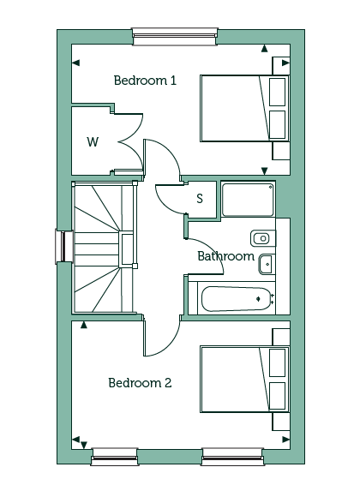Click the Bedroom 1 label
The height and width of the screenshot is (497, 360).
(x=145, y=81)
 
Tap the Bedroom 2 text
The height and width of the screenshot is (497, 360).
(x=140, y=383)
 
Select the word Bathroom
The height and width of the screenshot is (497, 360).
(x=225, y=256)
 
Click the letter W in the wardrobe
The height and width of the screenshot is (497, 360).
(x=93, y=141)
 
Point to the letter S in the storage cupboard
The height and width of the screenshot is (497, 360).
(x=200, y=199)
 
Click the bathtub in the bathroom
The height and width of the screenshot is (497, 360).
(x=237, y=299)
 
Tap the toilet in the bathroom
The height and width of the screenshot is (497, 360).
(x=263, y=238)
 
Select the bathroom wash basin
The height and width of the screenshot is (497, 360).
(x=267, y=264)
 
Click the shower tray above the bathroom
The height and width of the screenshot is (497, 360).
(x=248, y=200)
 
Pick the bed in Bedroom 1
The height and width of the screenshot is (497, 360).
(x=244, y=108)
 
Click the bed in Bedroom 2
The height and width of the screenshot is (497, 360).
(x=244, y=379)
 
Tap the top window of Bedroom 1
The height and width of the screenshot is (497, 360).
(x=175, y=36)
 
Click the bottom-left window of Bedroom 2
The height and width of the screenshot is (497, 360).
(x=115, y=457)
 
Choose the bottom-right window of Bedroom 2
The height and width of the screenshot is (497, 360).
(x=232, y=457)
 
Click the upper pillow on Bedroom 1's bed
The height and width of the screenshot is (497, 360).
(x=277, y=92)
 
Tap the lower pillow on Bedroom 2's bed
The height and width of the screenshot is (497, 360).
(x=277, y=396)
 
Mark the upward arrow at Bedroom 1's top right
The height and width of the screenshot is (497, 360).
(x=264, y=49)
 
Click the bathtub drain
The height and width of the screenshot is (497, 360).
(x=259, y=298)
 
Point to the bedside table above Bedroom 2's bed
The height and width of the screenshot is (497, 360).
(x=281, y=337)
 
